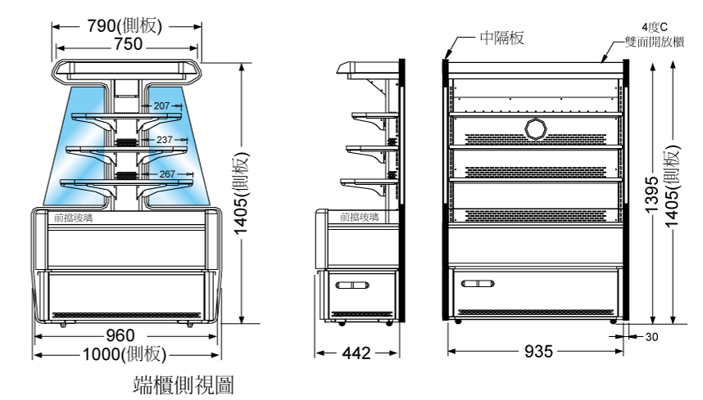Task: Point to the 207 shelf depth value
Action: (x=161, y=106)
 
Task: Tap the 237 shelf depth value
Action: (x=165, y=140)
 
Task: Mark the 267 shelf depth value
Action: (x=168, y=174)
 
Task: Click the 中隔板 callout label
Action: (x=502, y=37)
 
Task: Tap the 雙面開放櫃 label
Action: (x=655, y=38)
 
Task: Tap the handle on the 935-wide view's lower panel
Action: (x=478, y=285)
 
